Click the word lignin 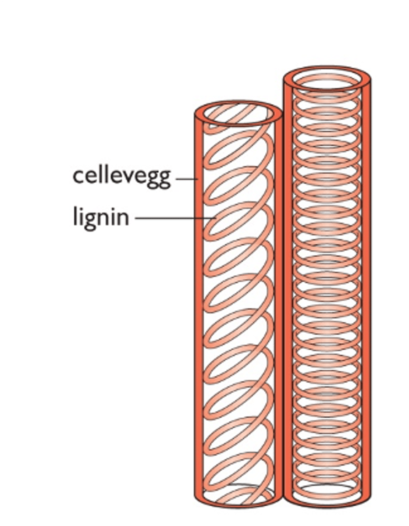tap(101, 217)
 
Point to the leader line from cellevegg tap(186, 179)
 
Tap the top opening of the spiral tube tap(238, 114)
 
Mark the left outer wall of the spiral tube tap(199, 307)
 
